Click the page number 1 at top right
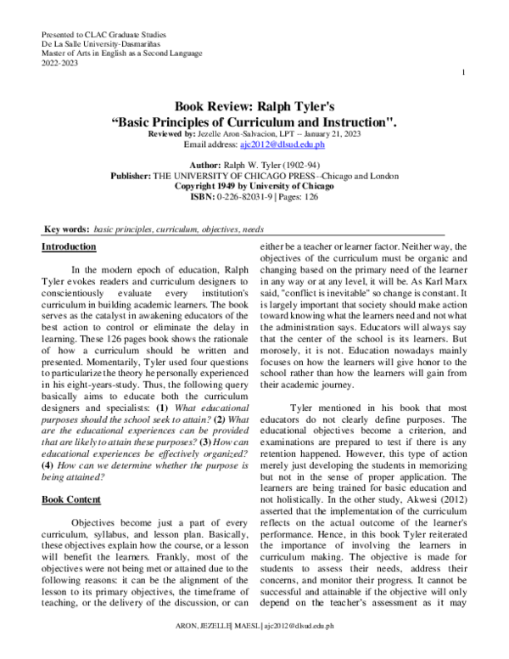464,73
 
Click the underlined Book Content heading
71,499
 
